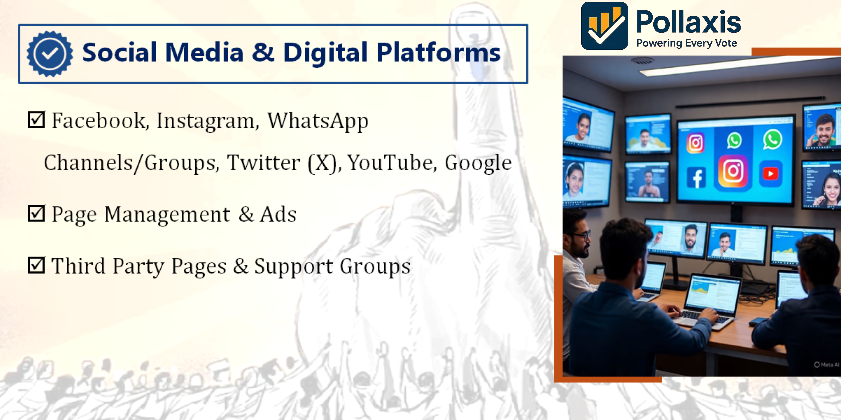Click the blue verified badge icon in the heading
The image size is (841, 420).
[50, 54]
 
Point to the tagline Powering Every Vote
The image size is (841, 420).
[687, 43]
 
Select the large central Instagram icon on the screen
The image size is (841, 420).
[733, 171]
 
